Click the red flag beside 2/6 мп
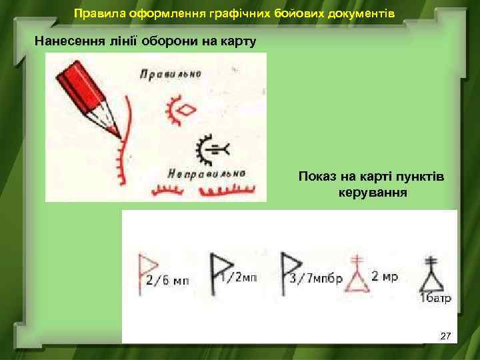click(143, 267)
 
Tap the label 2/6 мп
click(167, 281)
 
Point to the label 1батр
click(435, 298)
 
